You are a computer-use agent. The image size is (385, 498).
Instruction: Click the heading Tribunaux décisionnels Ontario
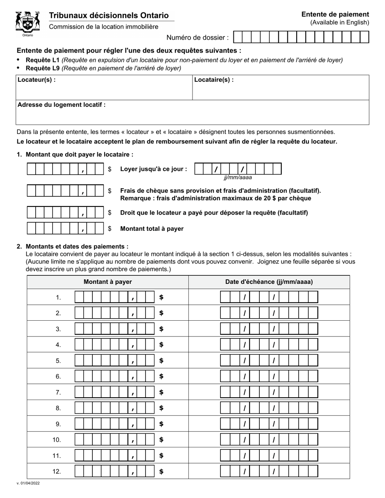pos(109,15)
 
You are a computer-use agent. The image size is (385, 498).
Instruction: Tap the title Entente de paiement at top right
pos(335,14)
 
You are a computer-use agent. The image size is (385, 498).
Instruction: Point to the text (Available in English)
pos(340,23)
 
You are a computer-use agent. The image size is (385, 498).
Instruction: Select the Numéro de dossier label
pos(197,38)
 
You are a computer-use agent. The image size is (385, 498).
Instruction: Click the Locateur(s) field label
pos(36,80)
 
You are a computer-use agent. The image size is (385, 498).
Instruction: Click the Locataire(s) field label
pos(214,80)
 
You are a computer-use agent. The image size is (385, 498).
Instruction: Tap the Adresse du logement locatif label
pos(62,105)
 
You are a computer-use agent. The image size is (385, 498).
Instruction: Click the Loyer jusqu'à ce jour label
pos(154,169)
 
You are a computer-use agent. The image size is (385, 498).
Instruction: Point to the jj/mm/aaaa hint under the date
pos(237,177)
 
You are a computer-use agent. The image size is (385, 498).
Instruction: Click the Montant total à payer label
pos(152,229)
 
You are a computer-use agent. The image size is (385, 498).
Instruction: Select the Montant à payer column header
pos(107,282)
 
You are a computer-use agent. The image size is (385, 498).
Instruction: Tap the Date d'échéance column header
pos(269,282)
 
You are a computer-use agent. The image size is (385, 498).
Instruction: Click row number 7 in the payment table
pos(58,392)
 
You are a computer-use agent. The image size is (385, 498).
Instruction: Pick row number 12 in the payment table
pos(57,472)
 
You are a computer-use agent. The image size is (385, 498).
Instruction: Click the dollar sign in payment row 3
pos(161,329)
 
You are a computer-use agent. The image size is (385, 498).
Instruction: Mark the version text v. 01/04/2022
pos(28,483)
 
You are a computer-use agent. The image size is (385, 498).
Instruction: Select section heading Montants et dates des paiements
pos(77,246)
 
